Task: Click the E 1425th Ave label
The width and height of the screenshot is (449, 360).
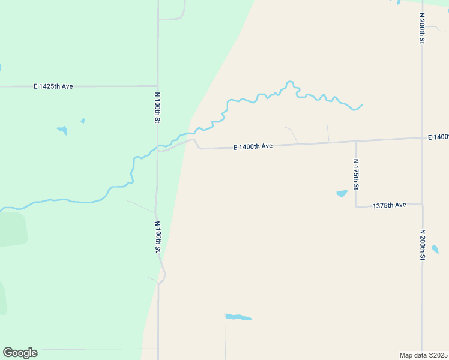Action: click(x=53, y=86)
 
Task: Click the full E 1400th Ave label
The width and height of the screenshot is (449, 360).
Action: click(x=253, y=146)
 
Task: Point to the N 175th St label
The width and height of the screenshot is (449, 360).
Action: click(x=356, y=175)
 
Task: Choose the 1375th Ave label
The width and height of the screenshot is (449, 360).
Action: click(x=389, y=205)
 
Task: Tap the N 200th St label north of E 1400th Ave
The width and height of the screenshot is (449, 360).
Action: click(x=423, y=28)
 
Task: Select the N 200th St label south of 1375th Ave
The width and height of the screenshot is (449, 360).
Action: click(x=423, y=244)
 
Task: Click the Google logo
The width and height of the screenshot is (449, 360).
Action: click(x=20, y=353)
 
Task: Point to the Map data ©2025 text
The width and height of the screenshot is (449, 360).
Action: click(x=424, y=355)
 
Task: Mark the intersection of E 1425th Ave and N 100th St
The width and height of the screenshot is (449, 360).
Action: click(x=157, y=86)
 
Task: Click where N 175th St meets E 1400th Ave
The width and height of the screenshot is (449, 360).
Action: click(x=356, y=142)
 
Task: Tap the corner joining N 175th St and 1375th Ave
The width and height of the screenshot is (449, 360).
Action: click(x=357, y=206)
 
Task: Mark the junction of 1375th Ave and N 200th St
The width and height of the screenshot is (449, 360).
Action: click(x=423, y=204)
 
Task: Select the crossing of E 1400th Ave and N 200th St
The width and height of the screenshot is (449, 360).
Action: click(x=423, y=138)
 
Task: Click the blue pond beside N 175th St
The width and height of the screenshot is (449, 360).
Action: click(x=342, y=194)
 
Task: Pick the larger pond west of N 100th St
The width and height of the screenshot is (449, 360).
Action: click(x=62, y=130)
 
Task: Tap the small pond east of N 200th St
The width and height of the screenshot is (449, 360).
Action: click(x=435, y=249)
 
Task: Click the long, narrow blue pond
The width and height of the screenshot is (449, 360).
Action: click(x=238, y=317)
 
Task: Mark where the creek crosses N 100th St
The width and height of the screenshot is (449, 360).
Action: click(x=157, y=146)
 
